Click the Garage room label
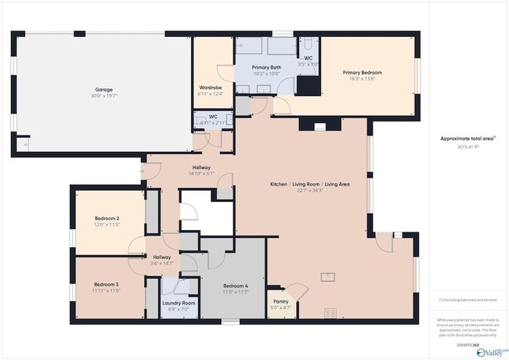click(x=104, y=89)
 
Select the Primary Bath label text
click(x=267, y=67)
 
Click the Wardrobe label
click(x=211, y=87)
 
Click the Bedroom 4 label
click(x=235, y=286)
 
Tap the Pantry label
click(x=280, y=301)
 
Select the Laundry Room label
click(x=179, y=303)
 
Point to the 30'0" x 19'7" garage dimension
click(x=104, y=96)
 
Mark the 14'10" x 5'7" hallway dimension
click(x=201, y=174)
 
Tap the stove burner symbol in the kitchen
click(x=330, y=312)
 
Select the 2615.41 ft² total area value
click(x=467, y=146)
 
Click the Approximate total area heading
click(x=467, y=138)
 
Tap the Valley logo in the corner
click(x=491, y=352)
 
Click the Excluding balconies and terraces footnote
click(x=467, y=300)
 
